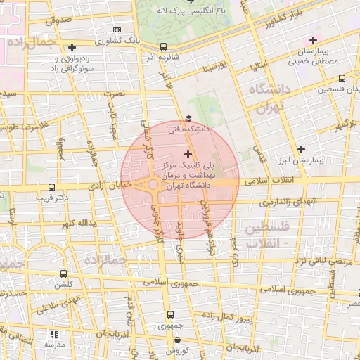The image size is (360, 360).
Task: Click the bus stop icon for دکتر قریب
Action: [51, 188]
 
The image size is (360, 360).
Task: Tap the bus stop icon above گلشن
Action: [64, 274]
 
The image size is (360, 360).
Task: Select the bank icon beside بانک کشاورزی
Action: [117, 30]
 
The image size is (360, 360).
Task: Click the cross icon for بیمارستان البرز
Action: [302, 148]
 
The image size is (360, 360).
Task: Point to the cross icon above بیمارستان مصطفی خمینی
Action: [313, 41]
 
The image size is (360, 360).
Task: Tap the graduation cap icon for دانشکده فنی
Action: [187, 119]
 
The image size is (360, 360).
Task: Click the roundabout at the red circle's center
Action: [153, 185]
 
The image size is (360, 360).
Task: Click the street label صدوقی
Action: [58, 20]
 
